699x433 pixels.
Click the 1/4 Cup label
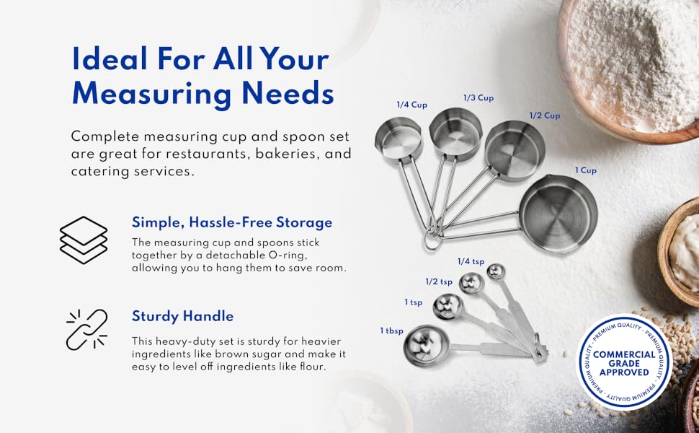tap(411, 105)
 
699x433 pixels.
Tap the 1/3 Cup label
tap(478, 97)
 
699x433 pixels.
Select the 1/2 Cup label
tap(545, 115)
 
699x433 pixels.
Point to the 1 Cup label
tap(585, 170)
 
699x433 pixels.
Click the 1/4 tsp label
tap(471, 261)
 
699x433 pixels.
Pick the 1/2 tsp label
tap(439, 281)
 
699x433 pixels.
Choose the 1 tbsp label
tap(392, 331)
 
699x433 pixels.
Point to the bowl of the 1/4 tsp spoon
tap(496, 272)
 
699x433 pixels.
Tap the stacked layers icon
tap(84, 239)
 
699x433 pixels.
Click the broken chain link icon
tap(86, 330)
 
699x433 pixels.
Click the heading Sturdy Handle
tap(182, 316)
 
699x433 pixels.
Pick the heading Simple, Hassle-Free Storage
tap(231, 222)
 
